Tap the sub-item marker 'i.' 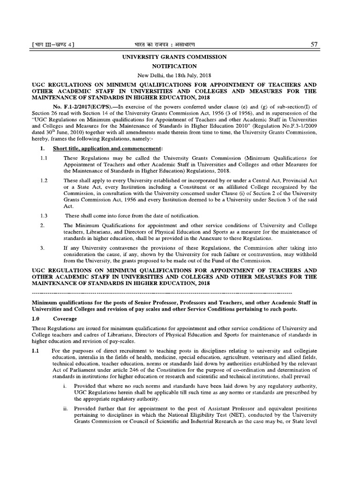(64, 385)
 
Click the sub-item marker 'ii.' (65, 408)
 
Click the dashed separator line (162, 293)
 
